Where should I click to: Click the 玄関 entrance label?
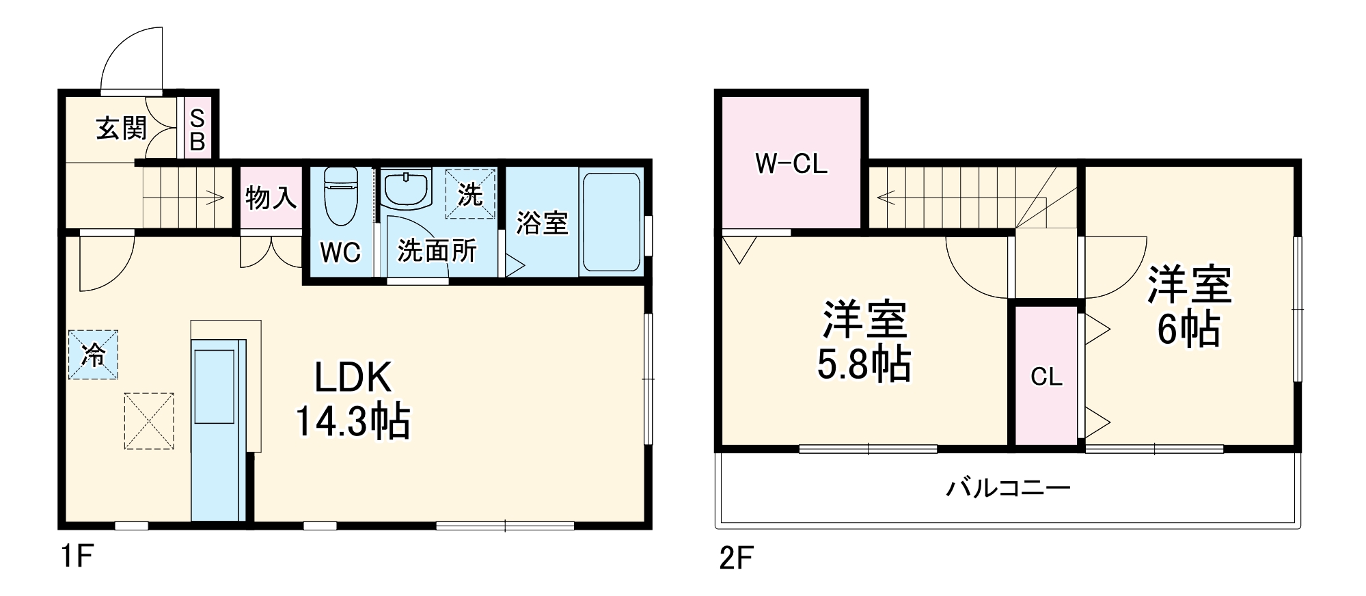(x=121, y=128)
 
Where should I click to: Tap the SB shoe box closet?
(x=197, y=130)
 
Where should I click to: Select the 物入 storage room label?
(x=271, y=198)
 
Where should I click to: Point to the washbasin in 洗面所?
(x=406, y=188)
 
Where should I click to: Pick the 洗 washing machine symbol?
(x=470, y=195)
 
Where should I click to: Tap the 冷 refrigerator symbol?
(x=93, y=355)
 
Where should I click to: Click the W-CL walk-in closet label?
(x=791, y=163)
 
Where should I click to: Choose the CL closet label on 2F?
(x=1046, y=377)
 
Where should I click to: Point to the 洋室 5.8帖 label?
(x=864, y=341)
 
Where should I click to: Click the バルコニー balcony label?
(x=1008, y=489)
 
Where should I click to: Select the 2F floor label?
(x=736, y=558)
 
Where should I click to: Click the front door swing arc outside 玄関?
(x=130, y=58)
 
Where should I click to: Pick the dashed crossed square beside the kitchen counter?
(x=149, y=421)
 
